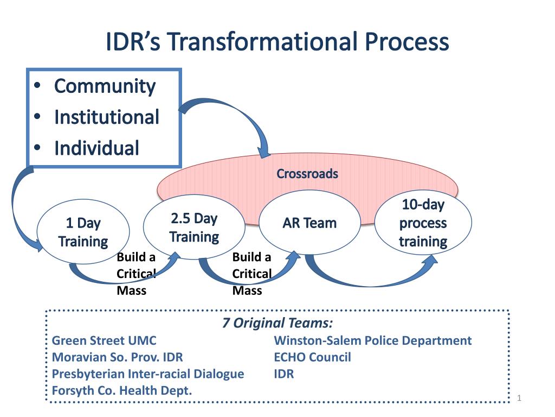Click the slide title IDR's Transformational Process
coord(277,42)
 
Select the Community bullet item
coord(105,86)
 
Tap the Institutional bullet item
coord(106,117)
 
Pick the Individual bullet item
coord(96,148)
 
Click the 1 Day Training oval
coord(83,232)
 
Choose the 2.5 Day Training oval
coord(194,228)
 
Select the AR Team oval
coord(309,223)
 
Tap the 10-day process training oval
coord(423,223)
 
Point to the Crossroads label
coord(307,174)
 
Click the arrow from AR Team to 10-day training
coord(369,277)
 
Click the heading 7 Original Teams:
coord(277,323)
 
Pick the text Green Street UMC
coord(104,340)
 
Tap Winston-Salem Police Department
coord(373,340)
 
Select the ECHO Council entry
coord(312,357)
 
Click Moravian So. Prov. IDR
coord(117,357)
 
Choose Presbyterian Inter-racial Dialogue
coord(147,374)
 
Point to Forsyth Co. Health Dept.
coord(122,390)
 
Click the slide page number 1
coord(519,399)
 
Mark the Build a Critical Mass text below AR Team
coord(251,274)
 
